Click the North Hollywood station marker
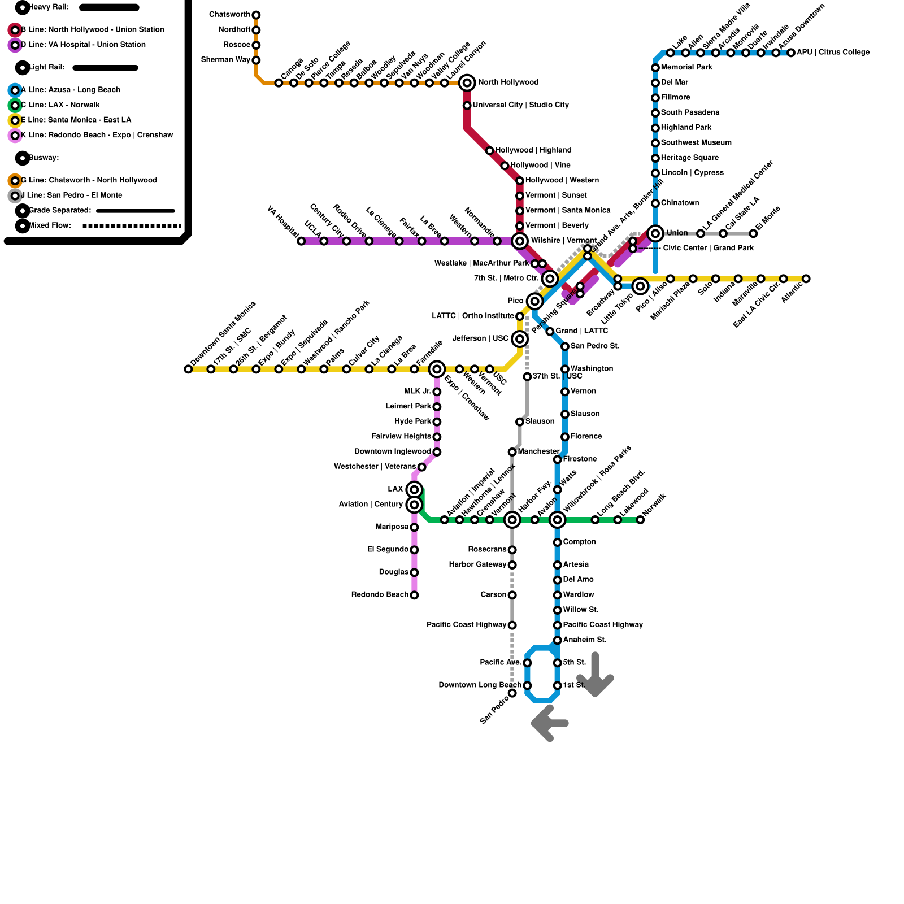point(467,83)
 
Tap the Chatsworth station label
point(229,15)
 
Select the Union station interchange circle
point(655,233)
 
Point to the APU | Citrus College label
point(833,53)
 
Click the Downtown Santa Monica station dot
point(188,370)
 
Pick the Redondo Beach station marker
point(414,595)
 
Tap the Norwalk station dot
point(640,520)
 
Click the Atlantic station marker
point(806,279)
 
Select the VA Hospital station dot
point(301,241)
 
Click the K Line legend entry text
point(97,136)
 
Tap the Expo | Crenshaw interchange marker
point(437,370)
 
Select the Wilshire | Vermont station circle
point(520,241)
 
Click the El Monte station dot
point(753,233)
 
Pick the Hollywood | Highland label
point(533,150)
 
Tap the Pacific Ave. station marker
point(527,663)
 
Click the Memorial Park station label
point(686,68)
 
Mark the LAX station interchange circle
point(414,489)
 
